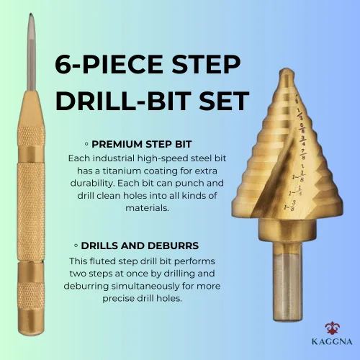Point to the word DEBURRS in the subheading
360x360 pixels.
[173, 246]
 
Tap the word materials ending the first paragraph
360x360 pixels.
[147, 208]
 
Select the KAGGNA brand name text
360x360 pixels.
[332, 341]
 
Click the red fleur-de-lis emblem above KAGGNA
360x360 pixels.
[332, 328]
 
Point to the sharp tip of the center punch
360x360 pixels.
[31, 14]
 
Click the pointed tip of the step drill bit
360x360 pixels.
[287, 70]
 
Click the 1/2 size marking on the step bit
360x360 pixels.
[300, 114]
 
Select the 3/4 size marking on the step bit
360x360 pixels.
[303, 141]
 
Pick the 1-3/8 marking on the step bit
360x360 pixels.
[289, 206]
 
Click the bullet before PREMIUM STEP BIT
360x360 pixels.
[86, 144]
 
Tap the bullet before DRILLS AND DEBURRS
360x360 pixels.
[76, 246]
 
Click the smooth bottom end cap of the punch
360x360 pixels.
[31, 321]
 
